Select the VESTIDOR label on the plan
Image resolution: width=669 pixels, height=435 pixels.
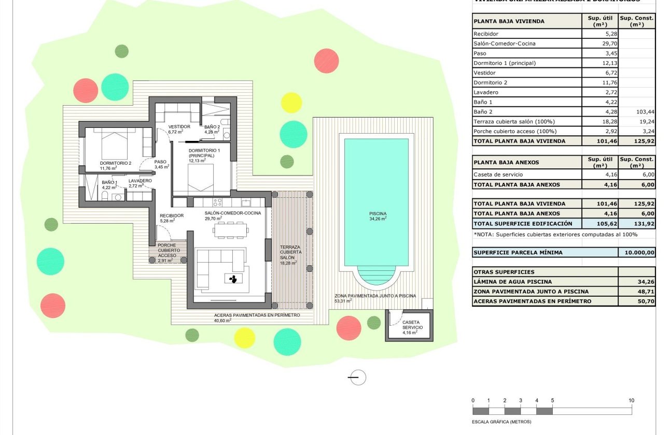pyautogui.click(x=179, y=127)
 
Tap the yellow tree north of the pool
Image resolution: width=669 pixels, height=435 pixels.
pyautogui.click(x=291, y=103)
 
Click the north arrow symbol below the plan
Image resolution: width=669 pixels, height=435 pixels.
pyautogui.click(x=357, y=378)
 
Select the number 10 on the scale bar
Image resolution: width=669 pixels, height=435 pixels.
pyautogui.click(x=631, y=400)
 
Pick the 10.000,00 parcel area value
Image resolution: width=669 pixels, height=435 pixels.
pyautogui.click(x=637, y=253)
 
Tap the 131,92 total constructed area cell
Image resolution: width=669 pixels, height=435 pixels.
pyautogui.click(x=637, y=224)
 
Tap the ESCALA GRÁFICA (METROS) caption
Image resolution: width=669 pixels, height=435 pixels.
pyautogui.click(x=501, y=422)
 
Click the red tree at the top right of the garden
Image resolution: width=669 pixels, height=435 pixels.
pyautogui.click(x=326, y=61)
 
